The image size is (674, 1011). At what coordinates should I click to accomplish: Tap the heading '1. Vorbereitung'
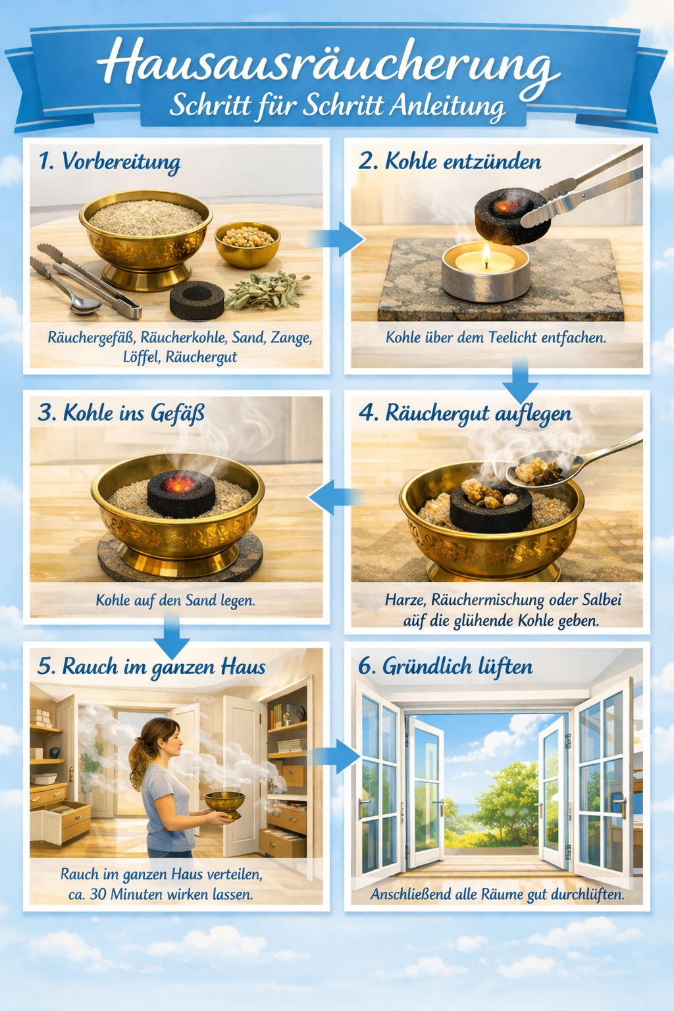coord(110,161)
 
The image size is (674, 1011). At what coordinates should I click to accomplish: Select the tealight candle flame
coord(486,255)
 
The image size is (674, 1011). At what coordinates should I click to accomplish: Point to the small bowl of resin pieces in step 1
coord(247,244)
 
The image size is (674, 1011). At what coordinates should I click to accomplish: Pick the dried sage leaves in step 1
coord(267,290)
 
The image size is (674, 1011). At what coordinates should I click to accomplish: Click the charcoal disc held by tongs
coord(512,216)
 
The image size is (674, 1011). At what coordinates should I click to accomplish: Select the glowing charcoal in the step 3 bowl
coord(182,493)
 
